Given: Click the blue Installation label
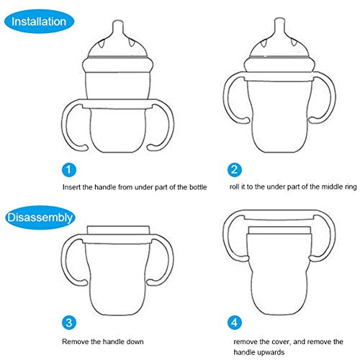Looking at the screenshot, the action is coord(39,22).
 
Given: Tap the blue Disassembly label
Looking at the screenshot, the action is coord(40,217).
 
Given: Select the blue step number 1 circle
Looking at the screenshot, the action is coord(69,170).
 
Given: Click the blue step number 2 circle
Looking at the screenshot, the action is coord(234,170).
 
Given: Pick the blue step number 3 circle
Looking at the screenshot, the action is coord(69,323).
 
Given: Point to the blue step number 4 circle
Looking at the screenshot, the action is coord(234,323).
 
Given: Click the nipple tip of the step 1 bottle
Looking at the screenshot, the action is coord(118,22).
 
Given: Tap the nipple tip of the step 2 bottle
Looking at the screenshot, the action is coord(279,20).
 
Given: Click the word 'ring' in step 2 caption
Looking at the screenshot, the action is coord(351,187).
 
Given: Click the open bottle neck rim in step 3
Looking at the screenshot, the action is coord(118,230).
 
